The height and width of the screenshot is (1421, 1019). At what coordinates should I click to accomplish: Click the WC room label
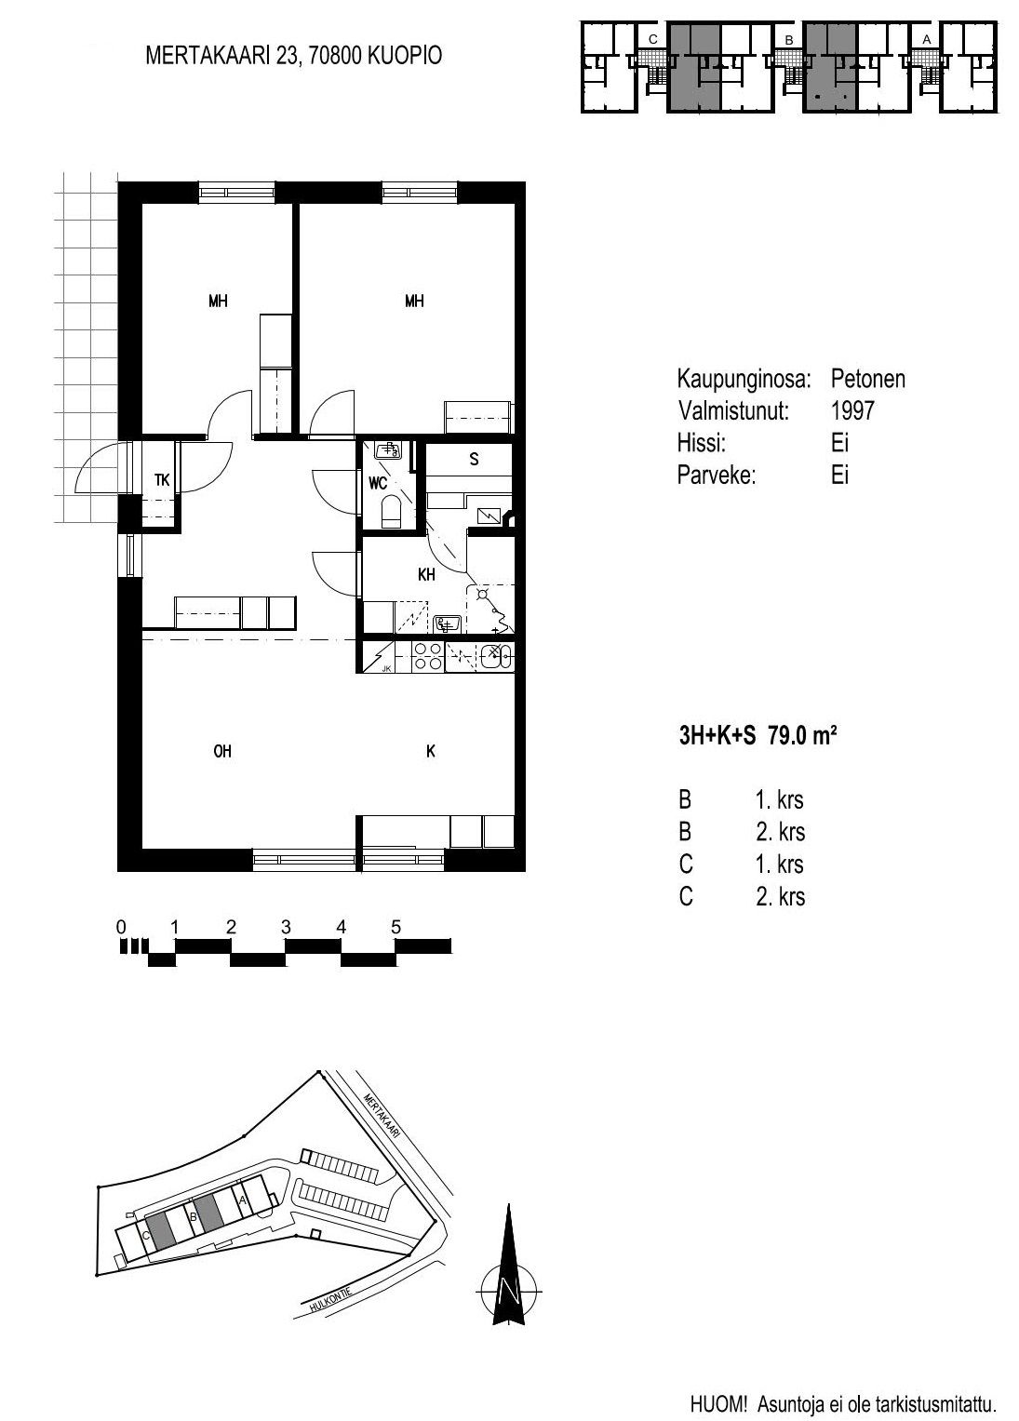click(x=378, y=484)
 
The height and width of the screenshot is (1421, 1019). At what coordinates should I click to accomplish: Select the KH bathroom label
click(x=426, y=575)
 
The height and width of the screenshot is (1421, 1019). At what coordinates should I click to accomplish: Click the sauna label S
click(x=474, y=460)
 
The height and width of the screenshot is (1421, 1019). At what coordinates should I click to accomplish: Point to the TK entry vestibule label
click(x=162, y=480)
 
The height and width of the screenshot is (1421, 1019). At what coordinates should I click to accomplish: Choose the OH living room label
click(x=222, y=752)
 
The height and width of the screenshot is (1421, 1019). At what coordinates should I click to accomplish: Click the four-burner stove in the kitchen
click(x=427, y=657)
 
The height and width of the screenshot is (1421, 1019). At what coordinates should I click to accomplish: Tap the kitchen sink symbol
click(x=496, y=657)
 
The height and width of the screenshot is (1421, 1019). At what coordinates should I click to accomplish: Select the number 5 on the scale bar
click(x=396, y=928)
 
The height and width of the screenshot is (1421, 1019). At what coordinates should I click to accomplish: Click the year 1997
click(x=852, y=411)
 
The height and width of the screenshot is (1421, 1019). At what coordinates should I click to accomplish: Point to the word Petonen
click(x=868, y=379)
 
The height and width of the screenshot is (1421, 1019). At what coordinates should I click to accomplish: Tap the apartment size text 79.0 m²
click(x=802, y=736)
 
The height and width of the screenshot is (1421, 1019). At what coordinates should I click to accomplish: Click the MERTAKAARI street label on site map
click(x=382, y=1115)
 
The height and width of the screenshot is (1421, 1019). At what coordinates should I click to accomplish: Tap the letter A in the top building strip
click(x=926, y=39)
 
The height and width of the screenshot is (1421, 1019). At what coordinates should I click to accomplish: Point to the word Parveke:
click(x=717, y=476)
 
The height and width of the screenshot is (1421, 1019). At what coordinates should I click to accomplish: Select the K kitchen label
click(x=431, y=752)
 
